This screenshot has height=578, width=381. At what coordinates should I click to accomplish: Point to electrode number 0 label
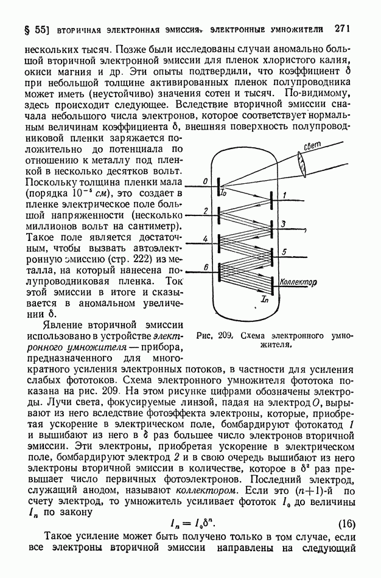tap(206, 181)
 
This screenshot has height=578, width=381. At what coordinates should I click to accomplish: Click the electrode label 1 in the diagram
tap(284, 195)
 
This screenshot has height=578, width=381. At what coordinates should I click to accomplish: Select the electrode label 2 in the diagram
tap(206, 211)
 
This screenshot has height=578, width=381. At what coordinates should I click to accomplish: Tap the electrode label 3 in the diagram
tap(283, 224)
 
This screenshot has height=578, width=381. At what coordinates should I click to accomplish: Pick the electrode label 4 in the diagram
tap(206, 239)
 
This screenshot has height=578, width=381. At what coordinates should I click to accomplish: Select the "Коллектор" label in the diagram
tap(299, 282)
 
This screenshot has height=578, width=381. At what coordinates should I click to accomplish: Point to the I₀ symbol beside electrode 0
tap(223, 193)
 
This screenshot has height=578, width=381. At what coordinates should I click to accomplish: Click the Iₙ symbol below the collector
tap(264, 299)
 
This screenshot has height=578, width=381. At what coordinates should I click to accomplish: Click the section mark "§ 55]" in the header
tap(33, 30)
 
